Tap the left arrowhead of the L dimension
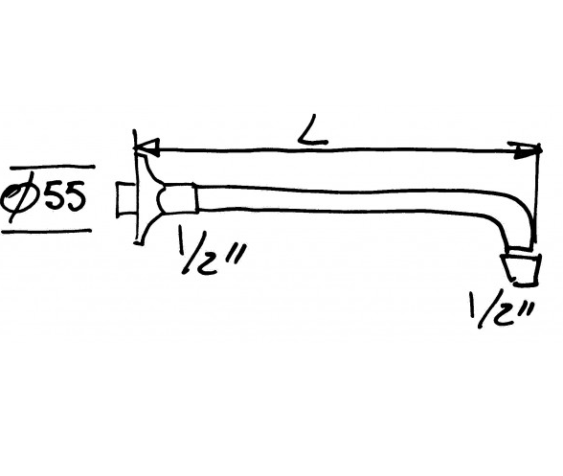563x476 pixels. [x=146, y=147]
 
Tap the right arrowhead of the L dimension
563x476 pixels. [x=528, y=150]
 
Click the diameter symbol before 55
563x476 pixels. [x=20, y=197]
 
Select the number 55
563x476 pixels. [x=65, y=195]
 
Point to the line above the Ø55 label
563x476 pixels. [x=53, y=168]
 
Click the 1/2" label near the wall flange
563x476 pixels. [x=211, y=252]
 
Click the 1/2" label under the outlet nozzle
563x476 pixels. [x=502, y=309]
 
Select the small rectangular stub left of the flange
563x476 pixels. [x=125, y=199]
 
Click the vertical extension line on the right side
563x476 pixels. [x=537, y=195]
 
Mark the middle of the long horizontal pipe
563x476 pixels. [x=341, y=199]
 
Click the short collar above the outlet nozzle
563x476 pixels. [x=521, y=249]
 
